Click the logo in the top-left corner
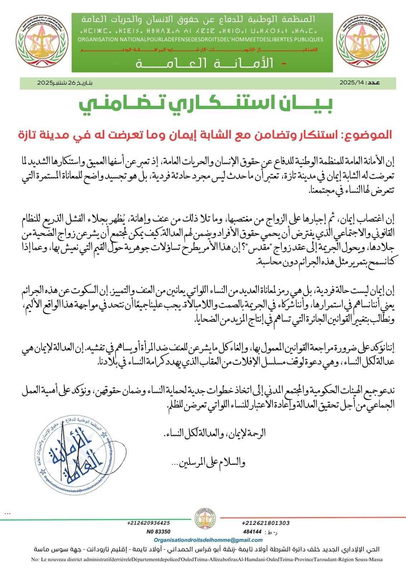42,41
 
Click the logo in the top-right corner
363,41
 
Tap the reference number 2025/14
353,83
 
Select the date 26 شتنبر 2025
65,83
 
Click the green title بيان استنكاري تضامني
206,104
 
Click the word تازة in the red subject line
29,135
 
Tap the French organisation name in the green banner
200,39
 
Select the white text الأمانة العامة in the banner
204,63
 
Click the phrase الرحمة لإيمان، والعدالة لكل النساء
214,433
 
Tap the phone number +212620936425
148,523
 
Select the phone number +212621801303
266,523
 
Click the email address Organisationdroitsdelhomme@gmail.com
208,540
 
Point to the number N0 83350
158,532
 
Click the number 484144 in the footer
252,532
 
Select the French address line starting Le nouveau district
207,559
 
